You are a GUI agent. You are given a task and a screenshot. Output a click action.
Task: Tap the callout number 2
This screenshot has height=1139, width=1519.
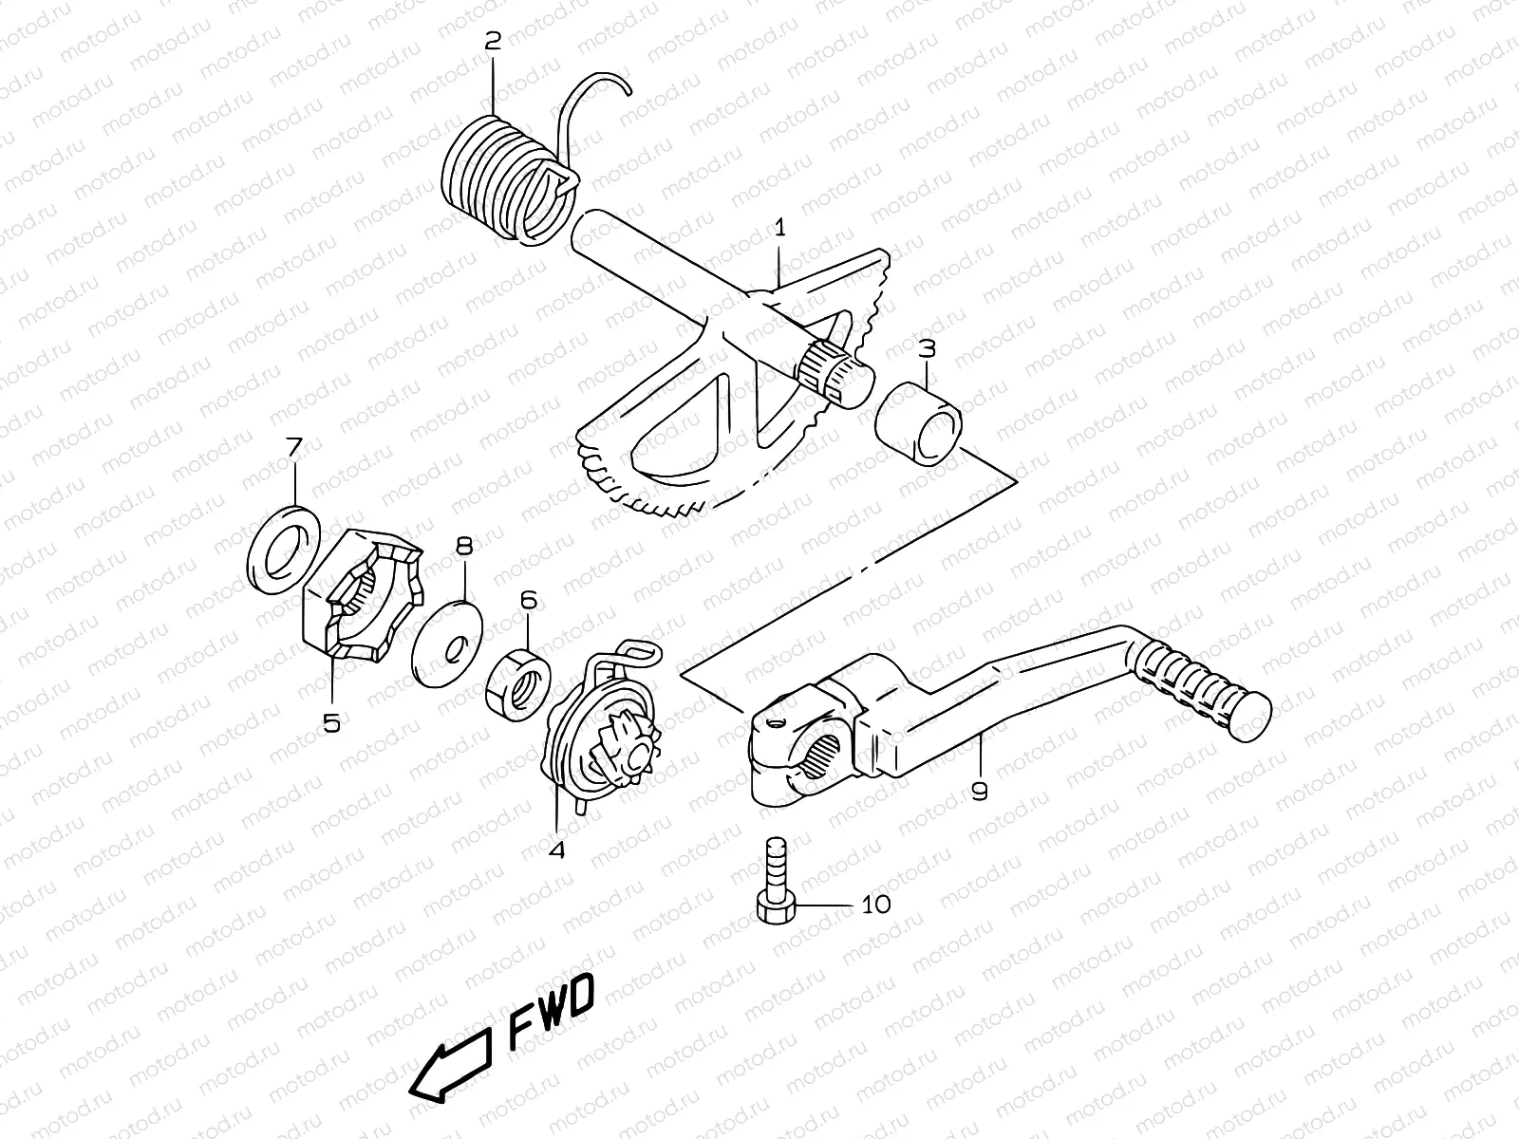point(492,40)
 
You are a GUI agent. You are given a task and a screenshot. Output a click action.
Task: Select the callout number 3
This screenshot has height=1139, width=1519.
point(927,347)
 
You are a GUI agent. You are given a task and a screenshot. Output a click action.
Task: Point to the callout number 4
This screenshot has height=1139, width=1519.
point(556,850)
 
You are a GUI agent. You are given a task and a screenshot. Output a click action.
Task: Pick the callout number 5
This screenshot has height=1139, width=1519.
point(330,722)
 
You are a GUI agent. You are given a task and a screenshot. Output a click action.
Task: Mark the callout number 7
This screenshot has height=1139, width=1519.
point(294,445)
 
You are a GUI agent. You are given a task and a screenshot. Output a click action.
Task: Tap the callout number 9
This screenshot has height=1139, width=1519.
point(980,789)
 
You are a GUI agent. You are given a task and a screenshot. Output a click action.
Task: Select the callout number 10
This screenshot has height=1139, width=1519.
point(876,904)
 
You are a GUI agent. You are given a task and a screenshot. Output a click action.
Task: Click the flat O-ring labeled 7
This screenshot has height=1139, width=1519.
point(284,550)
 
